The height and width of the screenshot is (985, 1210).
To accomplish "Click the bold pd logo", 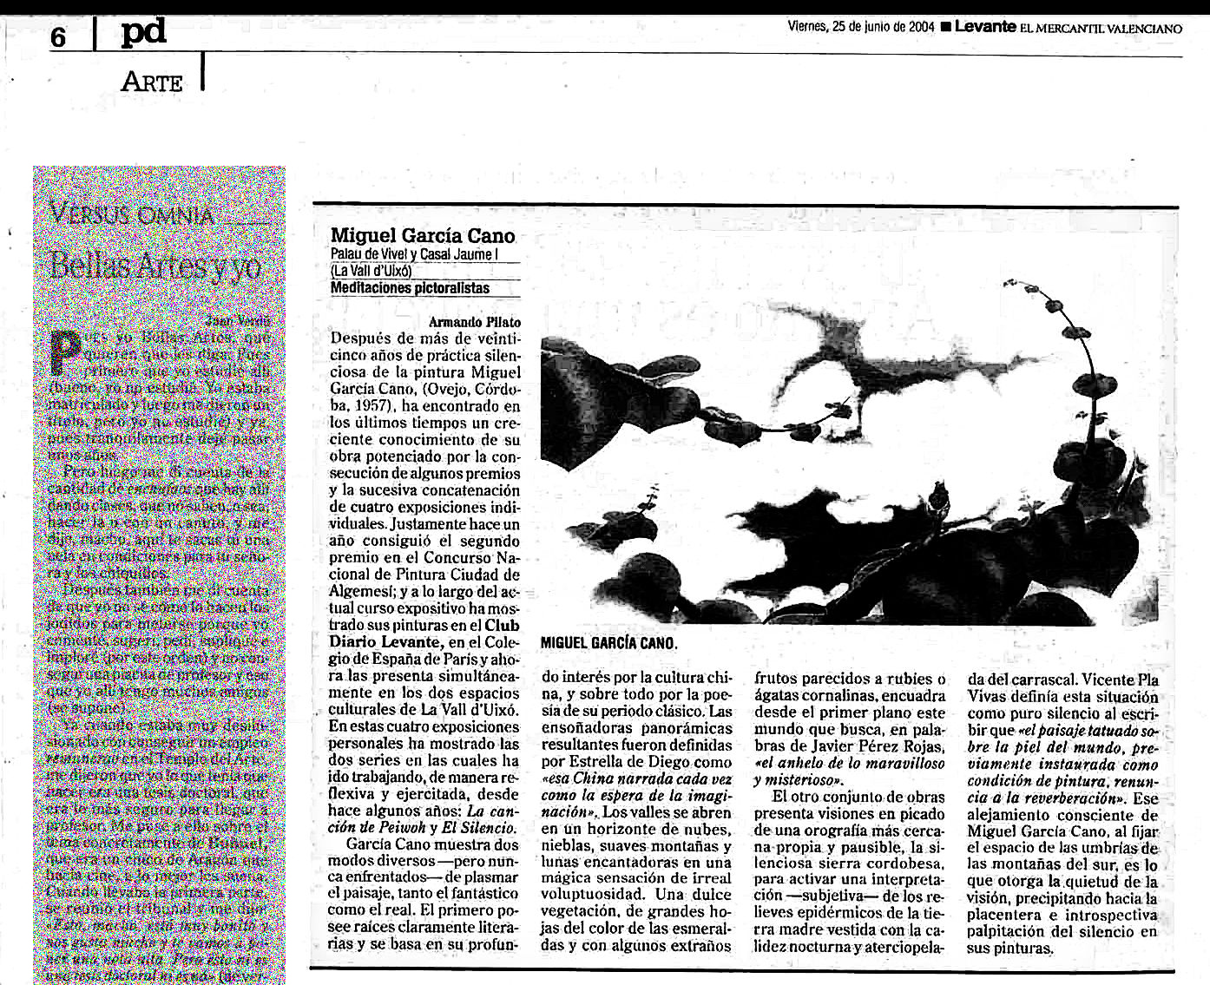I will coord(143,34).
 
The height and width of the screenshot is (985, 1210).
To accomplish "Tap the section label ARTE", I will coord(153,82).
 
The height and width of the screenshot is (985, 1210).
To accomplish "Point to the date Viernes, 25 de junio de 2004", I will coord(860,27).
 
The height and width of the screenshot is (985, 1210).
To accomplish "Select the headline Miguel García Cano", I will coord(423,235).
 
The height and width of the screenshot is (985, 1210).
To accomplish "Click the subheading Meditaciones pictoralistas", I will coord(410,288).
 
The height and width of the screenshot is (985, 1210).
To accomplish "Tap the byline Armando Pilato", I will coord(475,322).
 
